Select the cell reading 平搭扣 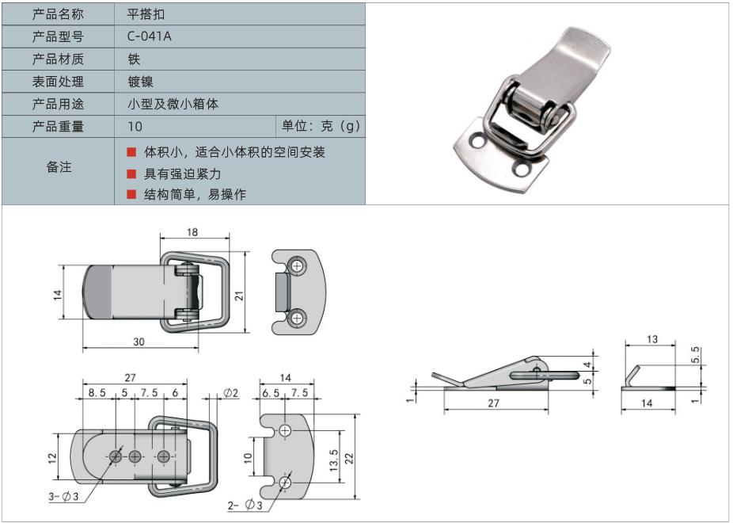(146, 14)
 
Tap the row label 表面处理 (58, 82)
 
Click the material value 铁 (134, 59)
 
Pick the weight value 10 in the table (135, 127)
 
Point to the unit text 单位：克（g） (321, 127)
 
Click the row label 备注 (59, 167)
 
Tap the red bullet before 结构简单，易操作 (131, 194)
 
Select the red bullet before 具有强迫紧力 (131, 174)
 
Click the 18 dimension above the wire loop (192, 232)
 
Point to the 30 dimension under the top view (139, 342)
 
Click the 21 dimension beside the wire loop (238, 295)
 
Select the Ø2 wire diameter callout (231, 392)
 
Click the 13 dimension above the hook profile (651, 340)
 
